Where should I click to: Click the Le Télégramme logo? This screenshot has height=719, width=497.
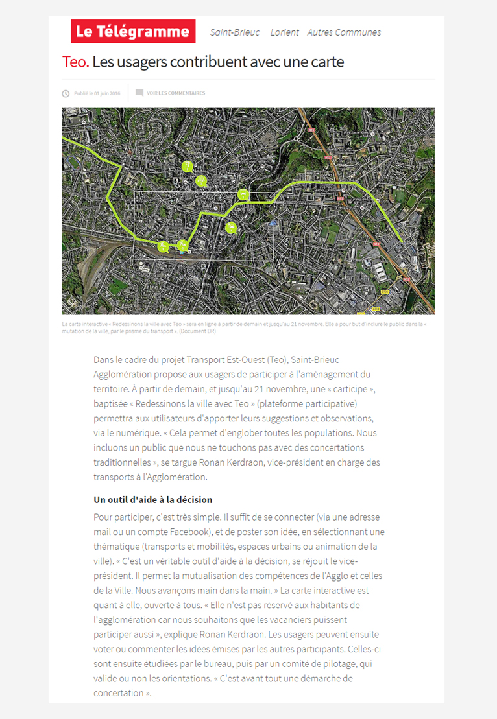click(133, 31)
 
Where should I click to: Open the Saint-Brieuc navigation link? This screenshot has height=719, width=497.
click(235, 32)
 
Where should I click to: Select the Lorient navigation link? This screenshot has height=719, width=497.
click(285, 32)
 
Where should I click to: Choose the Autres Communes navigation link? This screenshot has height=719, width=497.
click(344, 32)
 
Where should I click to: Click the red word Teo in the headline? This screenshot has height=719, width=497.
click(75, 62)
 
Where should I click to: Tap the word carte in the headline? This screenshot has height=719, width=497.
click(327, 62)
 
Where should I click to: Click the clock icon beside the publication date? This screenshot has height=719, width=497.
click(66, 93)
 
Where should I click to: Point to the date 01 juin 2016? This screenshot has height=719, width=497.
click(107, 93)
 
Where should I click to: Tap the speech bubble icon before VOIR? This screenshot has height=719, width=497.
click(139, 93)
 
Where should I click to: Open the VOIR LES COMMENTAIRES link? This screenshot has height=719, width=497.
click(176, 93)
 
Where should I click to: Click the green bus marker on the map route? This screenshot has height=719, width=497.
click(243, 193)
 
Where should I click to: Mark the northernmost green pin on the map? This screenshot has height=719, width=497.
click(187, 166)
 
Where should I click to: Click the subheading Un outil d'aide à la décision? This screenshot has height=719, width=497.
click(153, 500)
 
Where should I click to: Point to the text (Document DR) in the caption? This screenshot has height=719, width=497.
click(198, 331)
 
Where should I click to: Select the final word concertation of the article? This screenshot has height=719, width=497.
click(119, 692)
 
